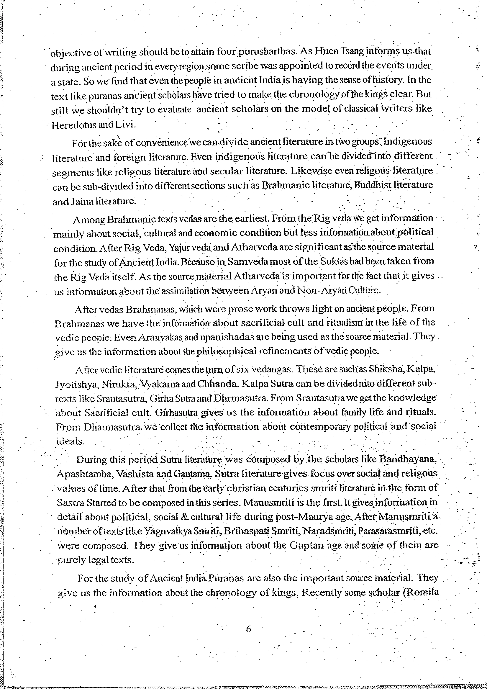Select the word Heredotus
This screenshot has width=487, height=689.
tap(74, 125)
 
